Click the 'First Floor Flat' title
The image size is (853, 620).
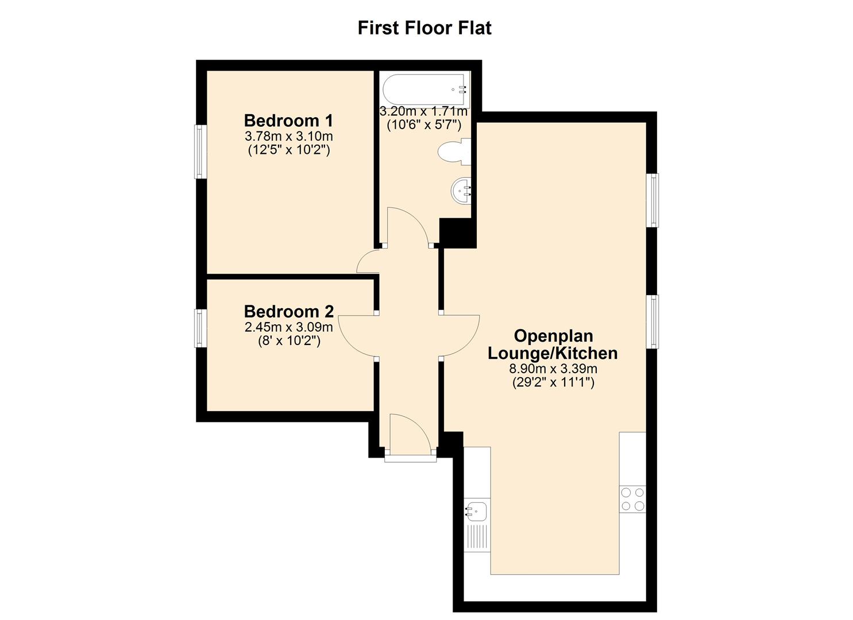coord(424,28)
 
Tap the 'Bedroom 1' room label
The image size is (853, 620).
coord(289,121)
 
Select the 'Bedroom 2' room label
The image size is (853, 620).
coord(289,311)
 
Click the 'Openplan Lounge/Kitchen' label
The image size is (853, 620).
coord(553,344)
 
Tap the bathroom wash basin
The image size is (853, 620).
coord(461,191)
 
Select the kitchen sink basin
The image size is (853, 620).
coord(476,511)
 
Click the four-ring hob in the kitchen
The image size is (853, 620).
coord(632,499)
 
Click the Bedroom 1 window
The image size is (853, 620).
coord(200,152)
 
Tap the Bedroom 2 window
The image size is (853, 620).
coord(200,328)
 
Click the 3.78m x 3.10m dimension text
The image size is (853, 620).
coord(289,136)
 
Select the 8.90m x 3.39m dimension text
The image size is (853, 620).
coord(553,369)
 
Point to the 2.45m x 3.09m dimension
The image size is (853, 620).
coord(289,327)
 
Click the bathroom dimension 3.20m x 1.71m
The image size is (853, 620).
coord(423,111)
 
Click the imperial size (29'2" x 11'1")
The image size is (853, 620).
coord(553,382)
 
